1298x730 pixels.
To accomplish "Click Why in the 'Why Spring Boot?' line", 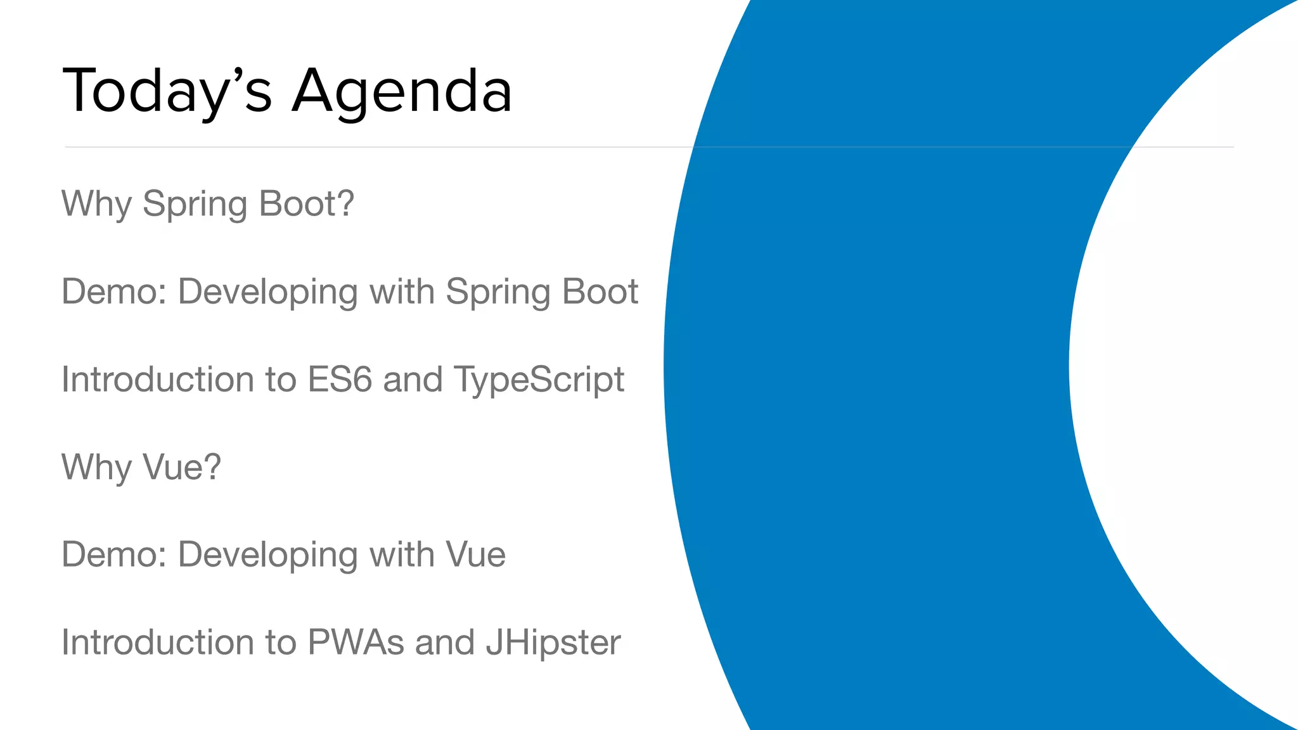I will (96, 204).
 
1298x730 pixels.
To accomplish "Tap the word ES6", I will (339, 379).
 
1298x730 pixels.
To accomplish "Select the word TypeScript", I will (539, 380).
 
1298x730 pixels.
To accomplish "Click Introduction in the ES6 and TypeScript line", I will (157, 379).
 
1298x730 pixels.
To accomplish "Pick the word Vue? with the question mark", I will (182, 467).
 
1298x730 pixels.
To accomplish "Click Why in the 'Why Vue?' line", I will (96, 467).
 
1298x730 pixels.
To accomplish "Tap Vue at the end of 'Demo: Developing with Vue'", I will (475, 554).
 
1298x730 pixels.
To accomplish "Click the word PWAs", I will (356, 642).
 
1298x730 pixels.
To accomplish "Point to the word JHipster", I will (553, 643).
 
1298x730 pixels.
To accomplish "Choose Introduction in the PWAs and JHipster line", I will (157, 642).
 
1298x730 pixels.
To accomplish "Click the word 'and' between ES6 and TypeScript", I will (413, 379).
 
